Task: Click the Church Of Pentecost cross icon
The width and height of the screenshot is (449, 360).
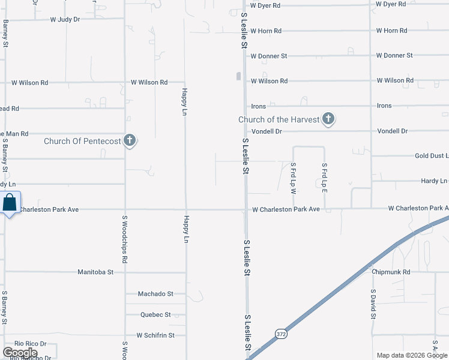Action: point(129,141)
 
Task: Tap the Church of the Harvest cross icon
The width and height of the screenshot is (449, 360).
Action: point(328,119)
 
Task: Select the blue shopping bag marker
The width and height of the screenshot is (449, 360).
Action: point(10,203)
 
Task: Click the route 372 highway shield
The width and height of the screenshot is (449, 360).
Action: point(281,334)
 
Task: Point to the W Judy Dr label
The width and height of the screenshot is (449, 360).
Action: point(65,19)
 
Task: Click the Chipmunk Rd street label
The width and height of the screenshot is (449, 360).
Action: point(390,272)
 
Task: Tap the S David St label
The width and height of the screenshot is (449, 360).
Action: point(373,306)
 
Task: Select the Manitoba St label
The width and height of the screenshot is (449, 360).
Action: point(95,272)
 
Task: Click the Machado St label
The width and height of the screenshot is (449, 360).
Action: point(155,293)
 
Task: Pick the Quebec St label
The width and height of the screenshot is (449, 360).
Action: point(155,314)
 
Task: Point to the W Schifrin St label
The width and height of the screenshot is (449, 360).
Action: point(155,335)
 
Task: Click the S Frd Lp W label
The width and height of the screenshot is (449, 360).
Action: point(294,177)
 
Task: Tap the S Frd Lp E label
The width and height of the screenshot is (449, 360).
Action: point(324,177)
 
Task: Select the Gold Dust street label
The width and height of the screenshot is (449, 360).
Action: point(431,156)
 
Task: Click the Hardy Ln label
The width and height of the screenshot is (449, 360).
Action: point(433,181)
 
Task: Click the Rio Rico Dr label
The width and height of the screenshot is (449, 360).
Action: point(31,344)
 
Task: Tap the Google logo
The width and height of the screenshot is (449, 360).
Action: point(20,353)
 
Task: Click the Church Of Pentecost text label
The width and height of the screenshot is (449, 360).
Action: point(82,142)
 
